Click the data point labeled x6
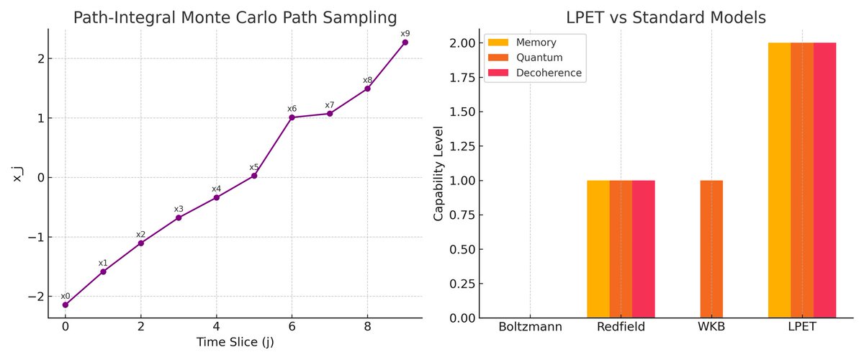292,117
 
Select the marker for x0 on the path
66,305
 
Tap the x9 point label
405,33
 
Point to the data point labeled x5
254,176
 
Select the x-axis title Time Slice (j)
235,343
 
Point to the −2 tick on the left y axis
35,297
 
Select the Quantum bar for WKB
711,249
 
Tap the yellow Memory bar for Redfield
598,249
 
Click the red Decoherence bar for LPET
824,180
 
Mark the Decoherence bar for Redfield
644,249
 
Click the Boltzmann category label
531,328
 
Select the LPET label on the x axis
802,328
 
